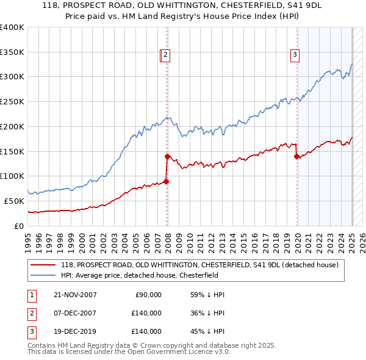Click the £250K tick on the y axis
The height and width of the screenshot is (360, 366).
click(12, 101)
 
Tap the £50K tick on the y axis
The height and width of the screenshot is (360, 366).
click(15, 201)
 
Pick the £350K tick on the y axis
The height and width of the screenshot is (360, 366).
click(12, 52)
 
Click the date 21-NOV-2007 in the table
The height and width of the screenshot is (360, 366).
click(75, 295)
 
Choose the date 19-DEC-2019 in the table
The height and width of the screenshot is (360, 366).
click(75, 331)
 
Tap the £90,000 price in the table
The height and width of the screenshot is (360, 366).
click(148, 295)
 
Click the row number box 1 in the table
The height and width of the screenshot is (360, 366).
click(31, 295)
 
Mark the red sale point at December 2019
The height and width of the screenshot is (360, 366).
click(296, 156)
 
